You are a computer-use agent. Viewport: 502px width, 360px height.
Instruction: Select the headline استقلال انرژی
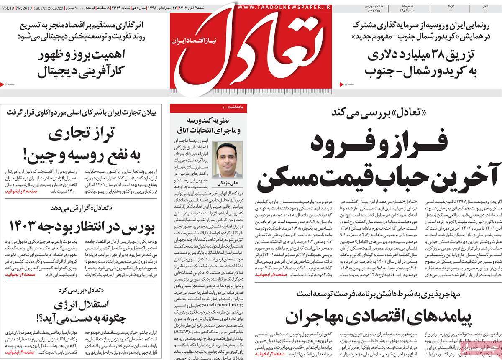79,314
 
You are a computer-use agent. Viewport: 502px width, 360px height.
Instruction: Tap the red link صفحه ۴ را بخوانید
21,274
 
